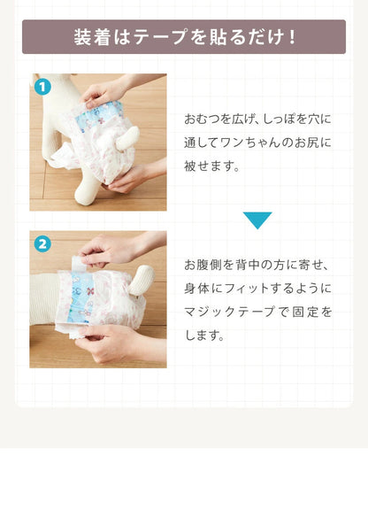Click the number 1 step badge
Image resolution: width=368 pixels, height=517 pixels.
click(x=42, y=87)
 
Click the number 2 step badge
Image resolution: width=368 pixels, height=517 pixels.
click(x=42, y=244)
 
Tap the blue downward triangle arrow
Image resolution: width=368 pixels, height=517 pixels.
click(x=257, y=220)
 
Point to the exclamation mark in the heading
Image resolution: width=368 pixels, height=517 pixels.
click(x=291, y=37)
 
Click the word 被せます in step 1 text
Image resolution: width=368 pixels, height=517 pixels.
click(x=208, y=166)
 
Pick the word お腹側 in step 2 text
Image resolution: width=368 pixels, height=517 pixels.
click(x=203, y=265)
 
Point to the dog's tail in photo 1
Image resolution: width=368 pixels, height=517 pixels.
click(x=127, y=138)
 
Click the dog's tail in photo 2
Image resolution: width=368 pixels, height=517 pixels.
click(x=141, y=280)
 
